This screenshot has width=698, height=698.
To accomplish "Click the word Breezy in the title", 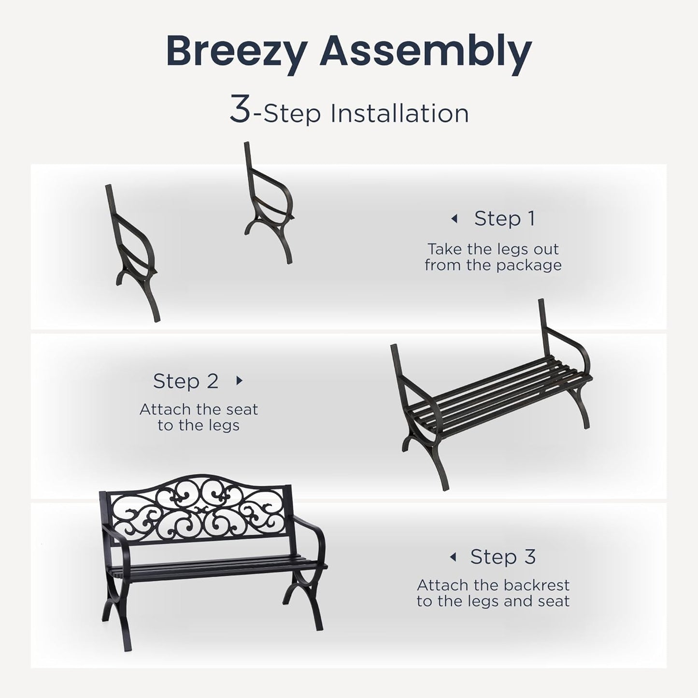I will tap(236, 51).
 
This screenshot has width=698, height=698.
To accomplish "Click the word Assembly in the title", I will tap(425, 51).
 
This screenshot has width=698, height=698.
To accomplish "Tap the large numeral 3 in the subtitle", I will tap(240, 110).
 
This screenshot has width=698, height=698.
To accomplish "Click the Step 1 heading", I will tap(505, 218).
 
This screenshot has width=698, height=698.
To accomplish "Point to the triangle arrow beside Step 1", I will tap(454, 219).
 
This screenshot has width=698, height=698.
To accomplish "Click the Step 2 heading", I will tap(186, 381).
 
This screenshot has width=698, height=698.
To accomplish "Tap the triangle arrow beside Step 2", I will tap(239, 381).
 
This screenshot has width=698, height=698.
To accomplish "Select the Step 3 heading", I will tap(503, 557).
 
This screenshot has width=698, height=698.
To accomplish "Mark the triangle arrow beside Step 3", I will tap(453, 557).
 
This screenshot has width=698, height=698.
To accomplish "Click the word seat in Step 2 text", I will tap(241, 410).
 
